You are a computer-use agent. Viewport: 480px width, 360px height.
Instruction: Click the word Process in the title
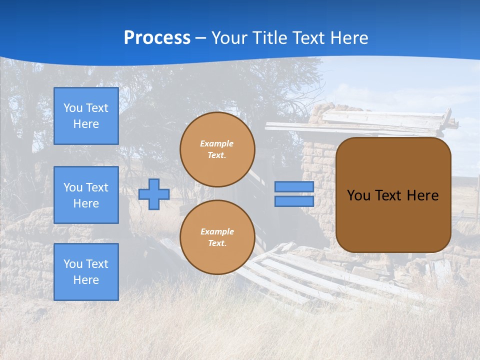click(157, 38)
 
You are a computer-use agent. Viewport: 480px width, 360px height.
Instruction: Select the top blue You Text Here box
click(86, 116)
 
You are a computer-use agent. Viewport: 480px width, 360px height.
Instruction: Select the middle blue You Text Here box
click(86, 195)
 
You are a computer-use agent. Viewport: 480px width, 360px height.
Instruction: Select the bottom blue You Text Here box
click(86, 272)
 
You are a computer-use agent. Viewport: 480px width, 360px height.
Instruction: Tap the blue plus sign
click(154, 194)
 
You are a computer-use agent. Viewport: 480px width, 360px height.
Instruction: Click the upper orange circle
click(217, 149)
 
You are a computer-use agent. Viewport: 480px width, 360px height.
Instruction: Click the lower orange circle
click(217, 237)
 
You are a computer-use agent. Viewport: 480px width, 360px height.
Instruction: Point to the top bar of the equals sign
click(294, 187)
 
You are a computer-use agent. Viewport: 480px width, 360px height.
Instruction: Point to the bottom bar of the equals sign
click(294, 201)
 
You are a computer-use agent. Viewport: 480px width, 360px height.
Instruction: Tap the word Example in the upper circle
click(216, 144)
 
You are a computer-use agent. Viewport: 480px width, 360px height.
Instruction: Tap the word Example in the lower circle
click(216, 232)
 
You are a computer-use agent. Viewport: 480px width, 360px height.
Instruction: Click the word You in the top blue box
click(72, 108)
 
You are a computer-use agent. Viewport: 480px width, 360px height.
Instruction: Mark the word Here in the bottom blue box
click(86, 280)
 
